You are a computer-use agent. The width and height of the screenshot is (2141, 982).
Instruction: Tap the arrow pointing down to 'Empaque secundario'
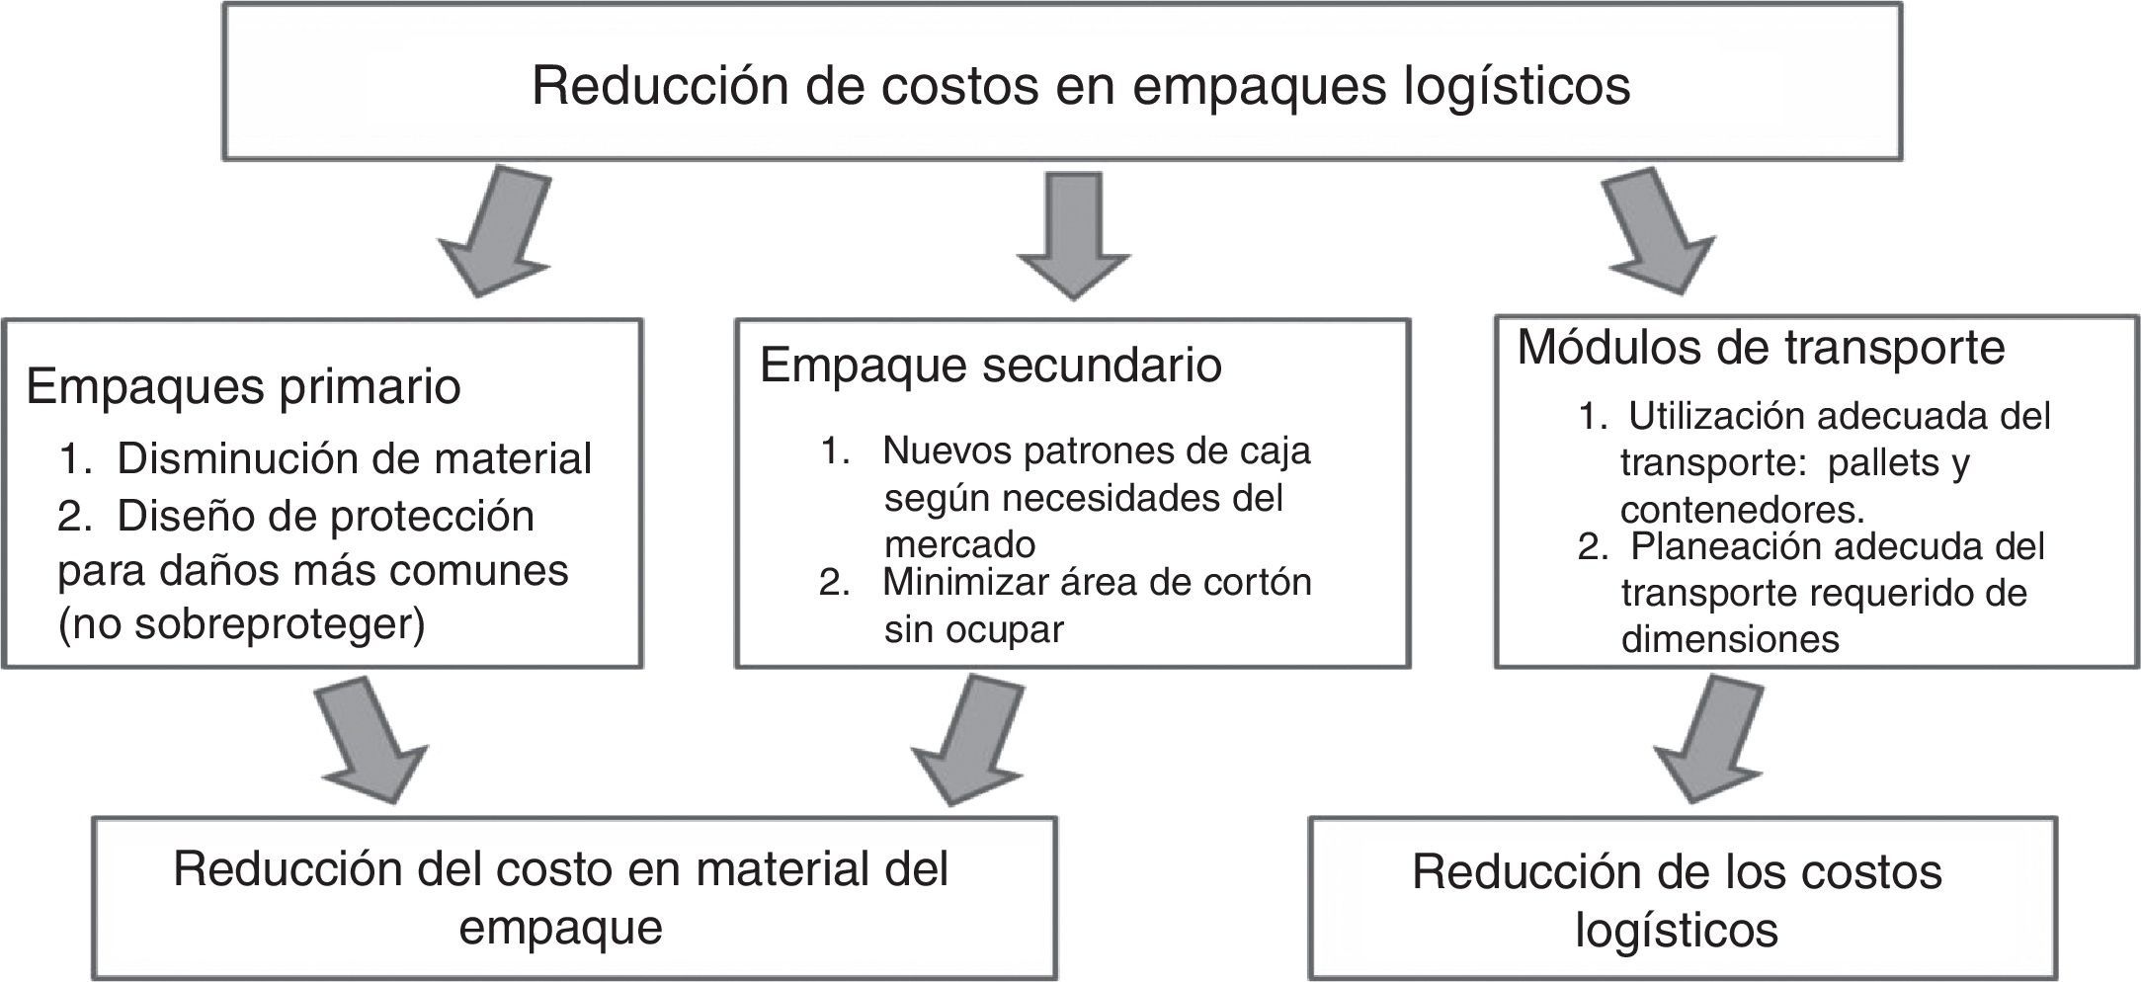[x=1074, y=237]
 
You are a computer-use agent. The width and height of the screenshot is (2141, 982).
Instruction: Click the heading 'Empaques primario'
[x=243, y=387]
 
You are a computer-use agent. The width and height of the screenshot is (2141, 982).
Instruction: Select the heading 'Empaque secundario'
[x=991, y=366]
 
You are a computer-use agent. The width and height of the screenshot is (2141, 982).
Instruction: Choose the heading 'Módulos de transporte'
[x=1761, y=348]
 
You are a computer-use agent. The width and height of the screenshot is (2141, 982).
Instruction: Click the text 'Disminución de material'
[x=354, y=459]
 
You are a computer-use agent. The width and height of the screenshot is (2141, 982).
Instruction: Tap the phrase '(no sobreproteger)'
[x=241, y=625]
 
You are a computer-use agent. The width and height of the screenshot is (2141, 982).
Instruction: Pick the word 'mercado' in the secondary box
[x=959, y=544]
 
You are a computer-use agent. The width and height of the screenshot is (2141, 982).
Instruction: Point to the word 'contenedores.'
[x=1743, y=510]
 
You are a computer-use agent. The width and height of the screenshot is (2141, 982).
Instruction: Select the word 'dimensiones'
[x=1730, y=639]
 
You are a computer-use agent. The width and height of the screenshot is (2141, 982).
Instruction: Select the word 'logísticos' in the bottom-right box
[x=1676, y=931]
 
